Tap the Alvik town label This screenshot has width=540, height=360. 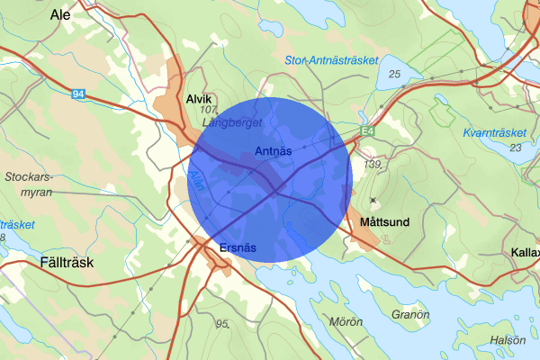pos(197,99)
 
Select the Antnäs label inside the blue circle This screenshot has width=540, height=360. pos(273,150)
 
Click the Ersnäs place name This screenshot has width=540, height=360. pos(238,247)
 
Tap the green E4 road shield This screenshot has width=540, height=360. pos(367,132)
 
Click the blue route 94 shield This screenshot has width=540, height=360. pos(80,92)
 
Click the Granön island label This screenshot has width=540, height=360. pos(411,315)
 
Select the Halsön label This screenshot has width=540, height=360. pos(508,340)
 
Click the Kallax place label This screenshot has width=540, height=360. pos(524,252)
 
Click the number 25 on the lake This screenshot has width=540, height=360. pos(394,72)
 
